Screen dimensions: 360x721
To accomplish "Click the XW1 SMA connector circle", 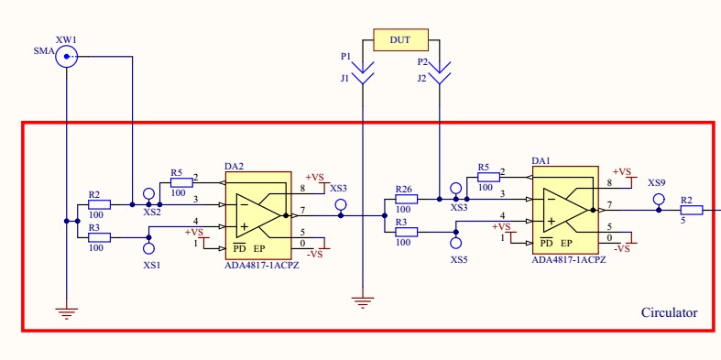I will [66, 58].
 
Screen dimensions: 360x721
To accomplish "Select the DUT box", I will [400, 39].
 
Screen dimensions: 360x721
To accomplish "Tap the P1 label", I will [345, 57].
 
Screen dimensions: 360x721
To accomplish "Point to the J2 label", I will [421, 79].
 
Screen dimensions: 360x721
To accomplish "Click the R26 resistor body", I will [405, 199].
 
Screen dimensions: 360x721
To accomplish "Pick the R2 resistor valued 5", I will [691, 210].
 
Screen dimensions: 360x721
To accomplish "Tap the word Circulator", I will [669, 313].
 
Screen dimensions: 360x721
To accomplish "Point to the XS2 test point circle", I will [149, 194].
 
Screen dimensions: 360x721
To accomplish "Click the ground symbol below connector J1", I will [364, 302].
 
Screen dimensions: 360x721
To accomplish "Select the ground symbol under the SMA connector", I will [66, 311].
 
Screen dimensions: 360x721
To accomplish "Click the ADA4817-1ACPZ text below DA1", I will [568, 260].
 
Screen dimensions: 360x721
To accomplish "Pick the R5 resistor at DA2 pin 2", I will [180, 182].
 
